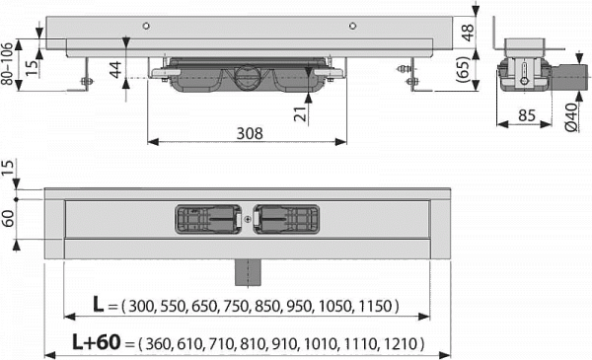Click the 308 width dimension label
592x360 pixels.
pos(250,133)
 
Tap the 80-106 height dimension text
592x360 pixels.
pos(8,63)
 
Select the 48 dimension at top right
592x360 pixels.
pos(468,33)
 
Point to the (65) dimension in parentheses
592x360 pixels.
pos(464,69)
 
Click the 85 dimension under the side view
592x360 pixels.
pos(526,115)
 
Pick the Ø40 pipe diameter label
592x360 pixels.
pos(571,117)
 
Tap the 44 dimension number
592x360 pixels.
pos(115,69)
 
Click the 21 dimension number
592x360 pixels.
pos(301,113)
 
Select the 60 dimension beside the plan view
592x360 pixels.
pos(8,219)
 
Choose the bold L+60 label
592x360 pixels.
pos(97,342)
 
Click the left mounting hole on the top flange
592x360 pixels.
pos(146,26)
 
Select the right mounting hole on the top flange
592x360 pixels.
pos(352,26)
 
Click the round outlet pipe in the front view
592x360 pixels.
pos(247,77)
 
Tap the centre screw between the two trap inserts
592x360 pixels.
pos(248,219)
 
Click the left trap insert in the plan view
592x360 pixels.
pos(207,219)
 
